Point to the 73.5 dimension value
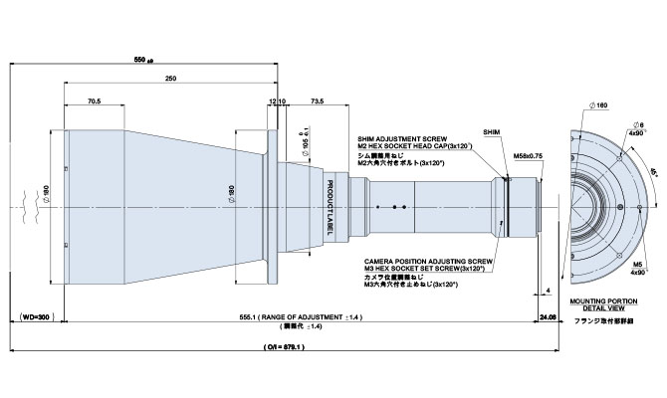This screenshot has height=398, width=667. coord(318,100)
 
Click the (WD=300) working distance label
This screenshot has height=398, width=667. coord(36,318)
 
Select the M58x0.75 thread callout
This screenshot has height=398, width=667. coord(530,155)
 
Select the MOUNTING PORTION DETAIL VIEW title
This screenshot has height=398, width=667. coord(602,305)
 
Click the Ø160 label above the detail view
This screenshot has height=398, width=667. coord(599,104)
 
